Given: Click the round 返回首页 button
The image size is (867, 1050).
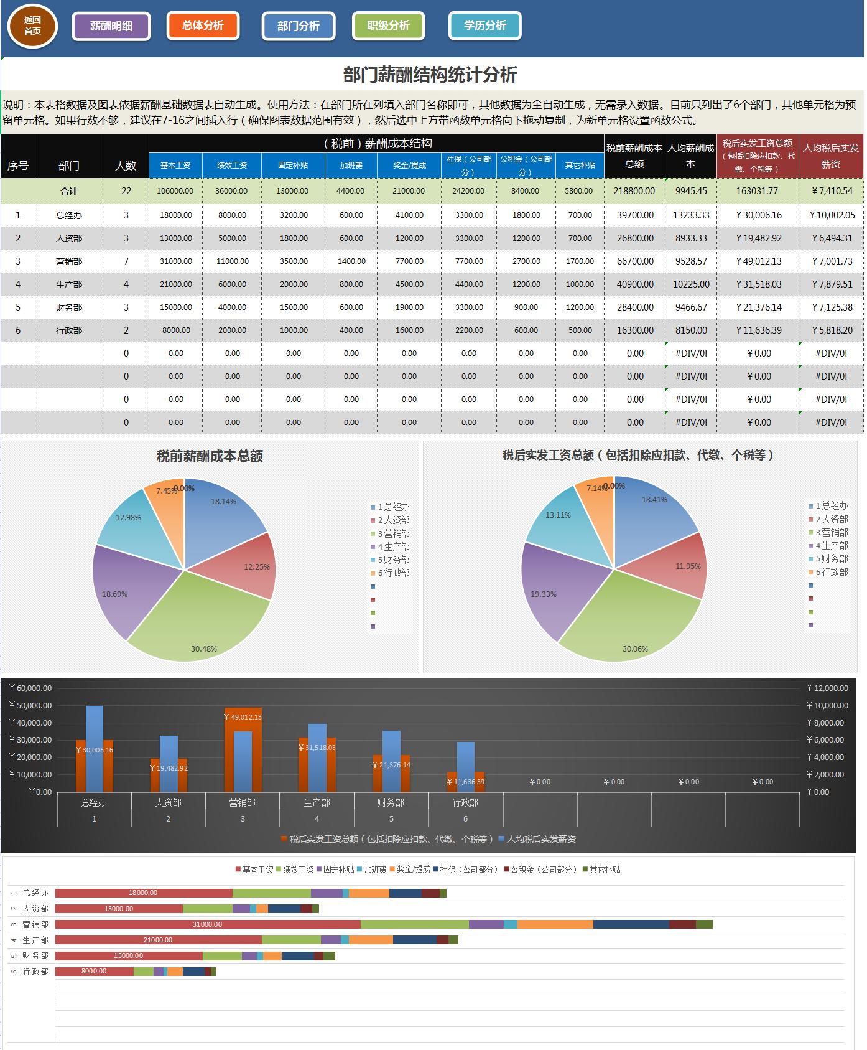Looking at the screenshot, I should click(x=32, y=26).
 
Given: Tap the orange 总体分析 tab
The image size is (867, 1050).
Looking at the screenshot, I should click(x=203, y=26).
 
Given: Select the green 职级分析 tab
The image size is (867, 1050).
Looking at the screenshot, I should click(x=388, y=26).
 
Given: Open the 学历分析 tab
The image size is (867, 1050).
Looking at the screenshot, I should click(x=484, y=26).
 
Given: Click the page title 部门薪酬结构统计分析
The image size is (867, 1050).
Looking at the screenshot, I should click(x=430, y=75).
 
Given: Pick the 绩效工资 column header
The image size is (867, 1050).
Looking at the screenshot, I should click(x=232, y=165).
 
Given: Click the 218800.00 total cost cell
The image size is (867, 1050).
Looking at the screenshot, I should click(x=635, y=191).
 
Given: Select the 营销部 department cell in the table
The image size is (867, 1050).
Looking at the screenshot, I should click(x=69, y=261).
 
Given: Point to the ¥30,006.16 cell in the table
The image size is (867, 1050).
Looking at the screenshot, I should click(x=758, y=215).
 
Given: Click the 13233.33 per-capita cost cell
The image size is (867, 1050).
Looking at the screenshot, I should click(x=691, y=215).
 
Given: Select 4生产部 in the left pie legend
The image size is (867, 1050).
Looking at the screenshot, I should click(x=392, y=546).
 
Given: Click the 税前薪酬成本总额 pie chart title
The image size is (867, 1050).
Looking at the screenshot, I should click(x=210, y=456).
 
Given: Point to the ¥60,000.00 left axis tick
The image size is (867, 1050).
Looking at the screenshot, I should click(x=31, y=688).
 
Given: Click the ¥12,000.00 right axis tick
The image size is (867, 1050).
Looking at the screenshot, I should click(x=827, y=688).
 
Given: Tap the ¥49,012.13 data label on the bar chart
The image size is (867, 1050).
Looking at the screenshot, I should click(x=243, y=717).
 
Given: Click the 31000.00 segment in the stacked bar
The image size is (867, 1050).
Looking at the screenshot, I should click(x=207, y=924).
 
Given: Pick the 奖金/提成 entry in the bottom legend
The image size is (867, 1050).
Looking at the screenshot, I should click(x=410, y=870).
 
